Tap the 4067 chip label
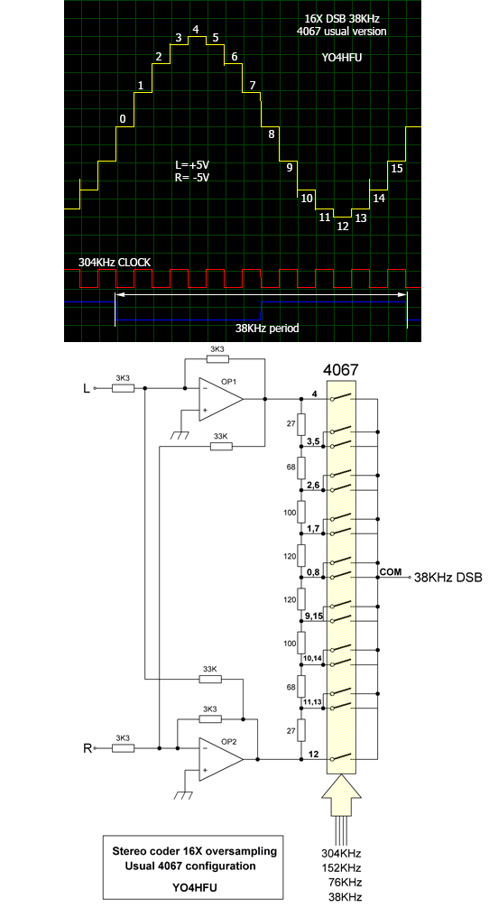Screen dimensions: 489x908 pos(341,370)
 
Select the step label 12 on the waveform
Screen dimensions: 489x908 pos(343,227)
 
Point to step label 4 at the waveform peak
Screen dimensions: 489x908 pos(196,29)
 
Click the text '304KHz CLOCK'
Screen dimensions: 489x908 pos(115,263)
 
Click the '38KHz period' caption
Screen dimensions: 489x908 pos(267,329)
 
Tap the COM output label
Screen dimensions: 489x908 pos(391,572)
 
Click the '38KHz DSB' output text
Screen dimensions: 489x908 pos(447,578)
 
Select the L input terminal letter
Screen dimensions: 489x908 pos(87,389)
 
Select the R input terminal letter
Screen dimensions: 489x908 pos(88,748)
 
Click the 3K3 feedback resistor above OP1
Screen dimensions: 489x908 pos(218,359)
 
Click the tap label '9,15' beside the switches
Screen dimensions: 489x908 pos(314,616)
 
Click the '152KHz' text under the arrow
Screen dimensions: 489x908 pos(341,868)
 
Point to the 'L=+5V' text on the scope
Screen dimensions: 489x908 pos(191,165)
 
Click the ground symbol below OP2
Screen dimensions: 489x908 pos(183,793)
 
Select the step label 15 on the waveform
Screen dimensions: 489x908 pos(397,169)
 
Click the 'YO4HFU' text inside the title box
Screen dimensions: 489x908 pos(194,886)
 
